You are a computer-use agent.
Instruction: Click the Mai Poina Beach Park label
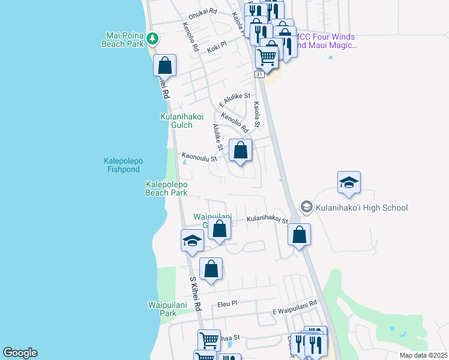[124, 40]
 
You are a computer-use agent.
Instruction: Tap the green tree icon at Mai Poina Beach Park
[153, 38]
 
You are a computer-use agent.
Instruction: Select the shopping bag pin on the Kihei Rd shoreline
[164, 65]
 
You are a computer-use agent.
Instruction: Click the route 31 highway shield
[259, 74]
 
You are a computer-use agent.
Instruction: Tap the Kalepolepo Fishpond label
[130, 165]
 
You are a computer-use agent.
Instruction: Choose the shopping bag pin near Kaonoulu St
[240, 151]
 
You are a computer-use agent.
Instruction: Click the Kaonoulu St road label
[199, 157]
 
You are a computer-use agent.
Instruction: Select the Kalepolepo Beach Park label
[166, 188]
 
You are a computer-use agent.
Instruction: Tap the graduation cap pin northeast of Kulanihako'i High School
[349, 182]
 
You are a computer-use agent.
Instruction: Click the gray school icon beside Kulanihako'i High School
[306, 207]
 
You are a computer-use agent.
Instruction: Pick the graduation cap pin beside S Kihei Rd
[192, 241]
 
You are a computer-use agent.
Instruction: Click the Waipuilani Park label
[162, 309]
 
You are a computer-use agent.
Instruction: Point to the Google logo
[20, 353]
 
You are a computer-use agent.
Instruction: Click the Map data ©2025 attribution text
[423, 355]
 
